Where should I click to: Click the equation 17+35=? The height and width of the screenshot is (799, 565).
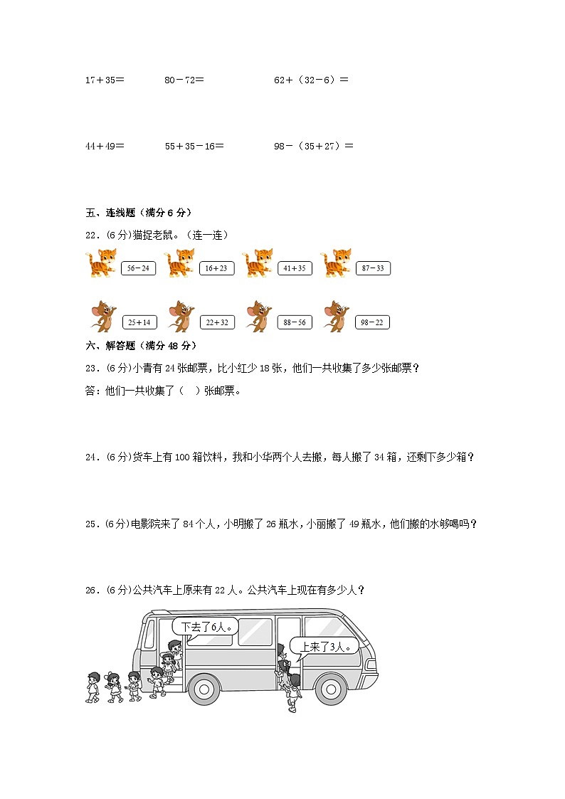105,80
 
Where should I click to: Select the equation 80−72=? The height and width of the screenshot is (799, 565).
184,80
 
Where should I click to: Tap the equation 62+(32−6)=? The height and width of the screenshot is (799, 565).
311,80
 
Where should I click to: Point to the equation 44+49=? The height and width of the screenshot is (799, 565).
105,146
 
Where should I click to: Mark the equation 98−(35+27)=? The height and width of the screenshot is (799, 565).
314,146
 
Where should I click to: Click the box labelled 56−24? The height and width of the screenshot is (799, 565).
139,268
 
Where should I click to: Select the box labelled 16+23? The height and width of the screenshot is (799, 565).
216,268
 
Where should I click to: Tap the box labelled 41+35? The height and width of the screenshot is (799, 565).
295,268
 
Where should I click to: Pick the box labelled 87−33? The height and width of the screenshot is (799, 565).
373,268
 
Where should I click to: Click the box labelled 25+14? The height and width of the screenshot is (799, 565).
139,322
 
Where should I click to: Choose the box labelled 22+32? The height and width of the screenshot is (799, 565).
216,322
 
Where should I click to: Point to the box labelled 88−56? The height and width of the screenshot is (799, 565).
295,322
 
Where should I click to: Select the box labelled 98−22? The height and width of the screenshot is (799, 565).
372,322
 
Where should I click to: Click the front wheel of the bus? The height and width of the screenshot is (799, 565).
329,689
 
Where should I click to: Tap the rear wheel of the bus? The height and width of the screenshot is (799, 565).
204,689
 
